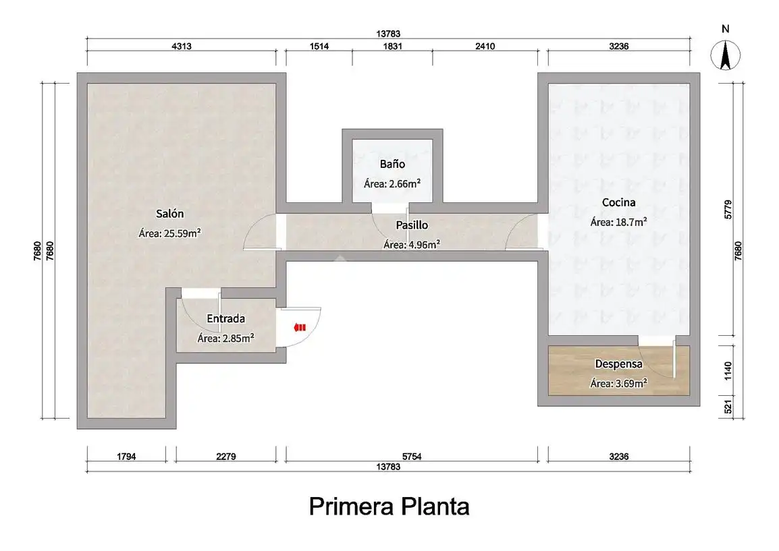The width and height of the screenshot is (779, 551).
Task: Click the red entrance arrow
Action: [x=300, y=327]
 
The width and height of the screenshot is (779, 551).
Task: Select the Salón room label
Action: [x=170, y=213]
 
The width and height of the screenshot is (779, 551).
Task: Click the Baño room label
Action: [x=392, y=164]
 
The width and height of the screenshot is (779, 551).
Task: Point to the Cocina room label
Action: [x=618, y=202]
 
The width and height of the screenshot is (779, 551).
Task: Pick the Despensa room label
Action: [x=618, y=364]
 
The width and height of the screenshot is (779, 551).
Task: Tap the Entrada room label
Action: [x=225, y=318]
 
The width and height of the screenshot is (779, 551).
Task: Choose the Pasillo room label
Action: [x=412, y=225]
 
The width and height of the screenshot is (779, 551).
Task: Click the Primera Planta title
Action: [x=389, y=506]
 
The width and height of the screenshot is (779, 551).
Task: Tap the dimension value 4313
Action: [x=182, y=46]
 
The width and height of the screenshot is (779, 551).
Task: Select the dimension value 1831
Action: [x=392, y=46]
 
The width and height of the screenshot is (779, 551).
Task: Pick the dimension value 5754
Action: [x=412, y=456]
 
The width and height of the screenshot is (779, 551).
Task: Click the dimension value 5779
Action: [x=728, y=210]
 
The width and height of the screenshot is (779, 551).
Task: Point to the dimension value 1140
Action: [x=728, y=371]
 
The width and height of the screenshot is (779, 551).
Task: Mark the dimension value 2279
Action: [x=226, y=456]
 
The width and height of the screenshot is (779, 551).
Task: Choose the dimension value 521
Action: [x=728, y=407]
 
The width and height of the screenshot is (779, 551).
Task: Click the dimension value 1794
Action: [x=126, y=456]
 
